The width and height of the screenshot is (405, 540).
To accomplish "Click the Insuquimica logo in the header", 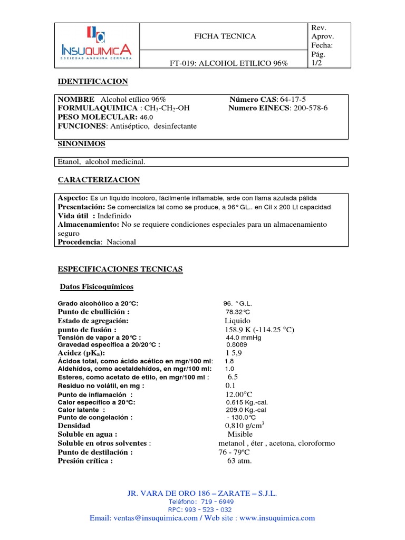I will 97,45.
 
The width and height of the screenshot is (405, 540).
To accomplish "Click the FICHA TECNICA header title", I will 225,36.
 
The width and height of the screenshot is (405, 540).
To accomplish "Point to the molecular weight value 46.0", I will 146,117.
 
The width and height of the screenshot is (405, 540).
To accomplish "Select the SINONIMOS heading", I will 81,143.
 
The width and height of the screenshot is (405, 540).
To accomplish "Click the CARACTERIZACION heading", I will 99,180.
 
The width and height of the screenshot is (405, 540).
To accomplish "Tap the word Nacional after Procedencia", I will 121,242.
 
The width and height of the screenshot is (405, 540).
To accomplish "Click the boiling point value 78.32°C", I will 237,312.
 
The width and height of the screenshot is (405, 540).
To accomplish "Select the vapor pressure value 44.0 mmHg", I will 244,337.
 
